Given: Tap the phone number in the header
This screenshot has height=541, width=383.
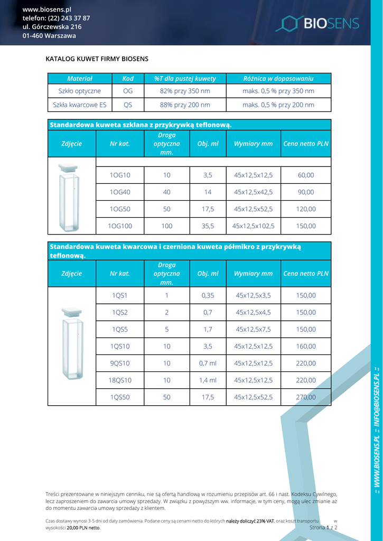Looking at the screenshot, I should click(x=56, y=18).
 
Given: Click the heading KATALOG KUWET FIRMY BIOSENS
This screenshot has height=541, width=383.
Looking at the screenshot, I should click(x=97, y=59).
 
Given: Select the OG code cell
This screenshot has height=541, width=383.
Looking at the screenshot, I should click(x=128, y=91).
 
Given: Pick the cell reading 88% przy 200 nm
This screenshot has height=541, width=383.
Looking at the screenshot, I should click(x=185, y=105).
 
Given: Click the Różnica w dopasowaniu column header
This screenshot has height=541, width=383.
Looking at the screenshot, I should click(x=278, y=79).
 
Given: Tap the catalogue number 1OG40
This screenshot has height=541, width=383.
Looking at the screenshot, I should click(x=120, y=192).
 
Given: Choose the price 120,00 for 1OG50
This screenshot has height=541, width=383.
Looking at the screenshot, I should click(x=306, y=209).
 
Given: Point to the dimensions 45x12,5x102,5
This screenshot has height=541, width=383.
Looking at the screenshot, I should click(x=254, y=226).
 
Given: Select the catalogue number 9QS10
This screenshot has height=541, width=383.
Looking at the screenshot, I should click(x=120, y=363).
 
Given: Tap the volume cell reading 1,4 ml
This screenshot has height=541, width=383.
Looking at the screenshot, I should click(x=208, y=380).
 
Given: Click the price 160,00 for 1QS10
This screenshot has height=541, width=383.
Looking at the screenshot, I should click(x=306, y=346).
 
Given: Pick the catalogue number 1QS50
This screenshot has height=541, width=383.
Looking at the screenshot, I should click(x=120, y=397).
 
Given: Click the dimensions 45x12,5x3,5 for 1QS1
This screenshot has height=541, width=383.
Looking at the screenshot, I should click(x=254, y=295).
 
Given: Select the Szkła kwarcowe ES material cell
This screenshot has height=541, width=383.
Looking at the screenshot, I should click(x=80, y=105).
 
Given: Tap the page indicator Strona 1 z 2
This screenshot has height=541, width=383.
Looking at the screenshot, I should click(x=323, y=527).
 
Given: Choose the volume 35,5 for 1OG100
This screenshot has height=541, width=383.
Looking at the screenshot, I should click(x=208, y=226).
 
